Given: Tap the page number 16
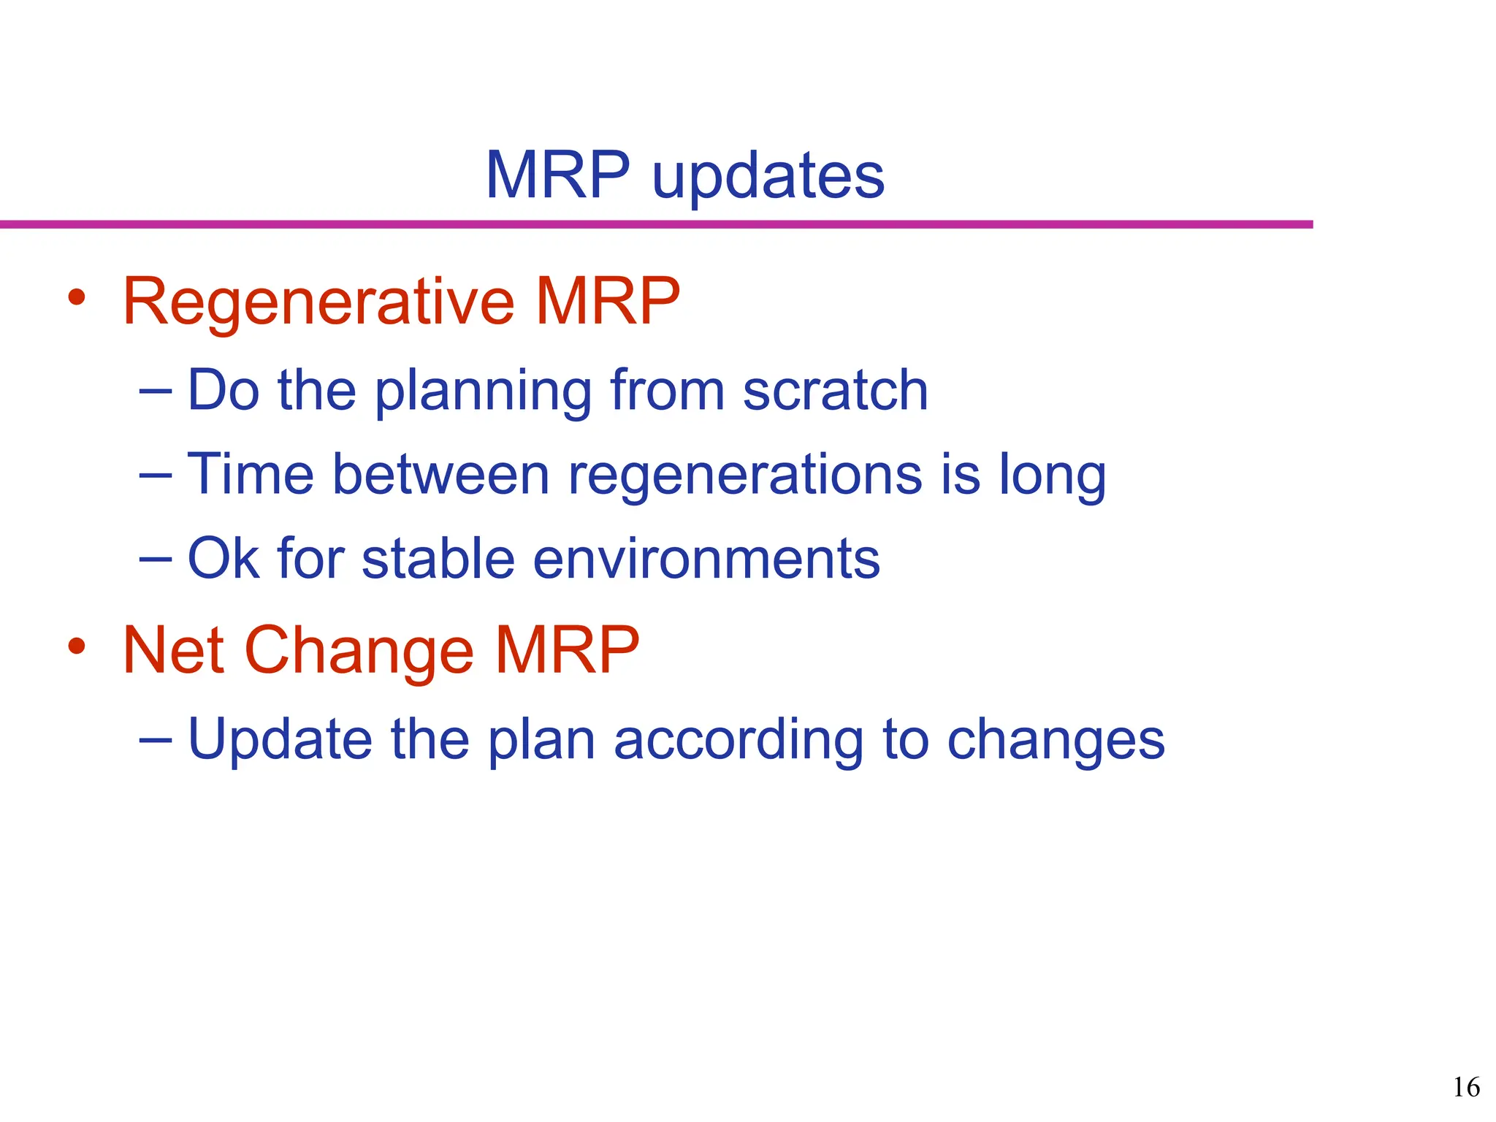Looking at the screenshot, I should [1465, 1088].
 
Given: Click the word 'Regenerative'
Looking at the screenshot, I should [319, 302].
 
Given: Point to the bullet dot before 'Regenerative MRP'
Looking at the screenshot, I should [77, 297].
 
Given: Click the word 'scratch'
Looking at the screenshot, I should [835, 390].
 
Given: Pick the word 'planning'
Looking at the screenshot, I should [483, 393].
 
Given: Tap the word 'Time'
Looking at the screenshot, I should [251, 475].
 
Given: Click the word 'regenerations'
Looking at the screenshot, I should [745, 476].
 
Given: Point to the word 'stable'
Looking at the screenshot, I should [438, 559].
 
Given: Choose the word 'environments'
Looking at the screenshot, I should [706, 559].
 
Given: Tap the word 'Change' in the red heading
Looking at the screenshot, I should [359, 652].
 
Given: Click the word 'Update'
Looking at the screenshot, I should [280, 740].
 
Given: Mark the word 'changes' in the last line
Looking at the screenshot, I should [1056, 741].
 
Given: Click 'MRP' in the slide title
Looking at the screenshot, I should [557, 175].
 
